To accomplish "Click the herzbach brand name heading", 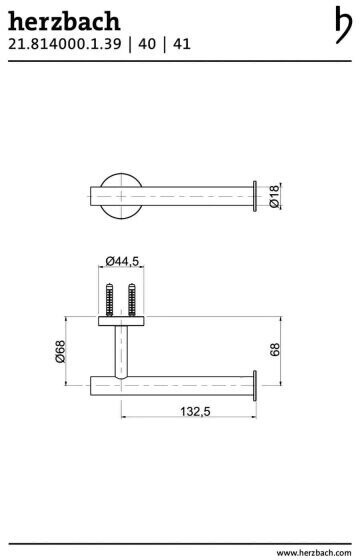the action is tap(64, 21).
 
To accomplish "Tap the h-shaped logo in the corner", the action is tap(344, 25).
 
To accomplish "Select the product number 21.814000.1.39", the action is tap(65, 44).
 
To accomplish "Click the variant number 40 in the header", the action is tap(147, 44).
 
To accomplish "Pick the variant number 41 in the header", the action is tap(182, 44).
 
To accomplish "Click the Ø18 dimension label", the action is tap(274, 196).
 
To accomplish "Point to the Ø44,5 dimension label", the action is tap(122, 261).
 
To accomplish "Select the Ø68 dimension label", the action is tap(61, 351).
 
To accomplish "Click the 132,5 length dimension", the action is tap(195, 411).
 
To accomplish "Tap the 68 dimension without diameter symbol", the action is tap(274, 350).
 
